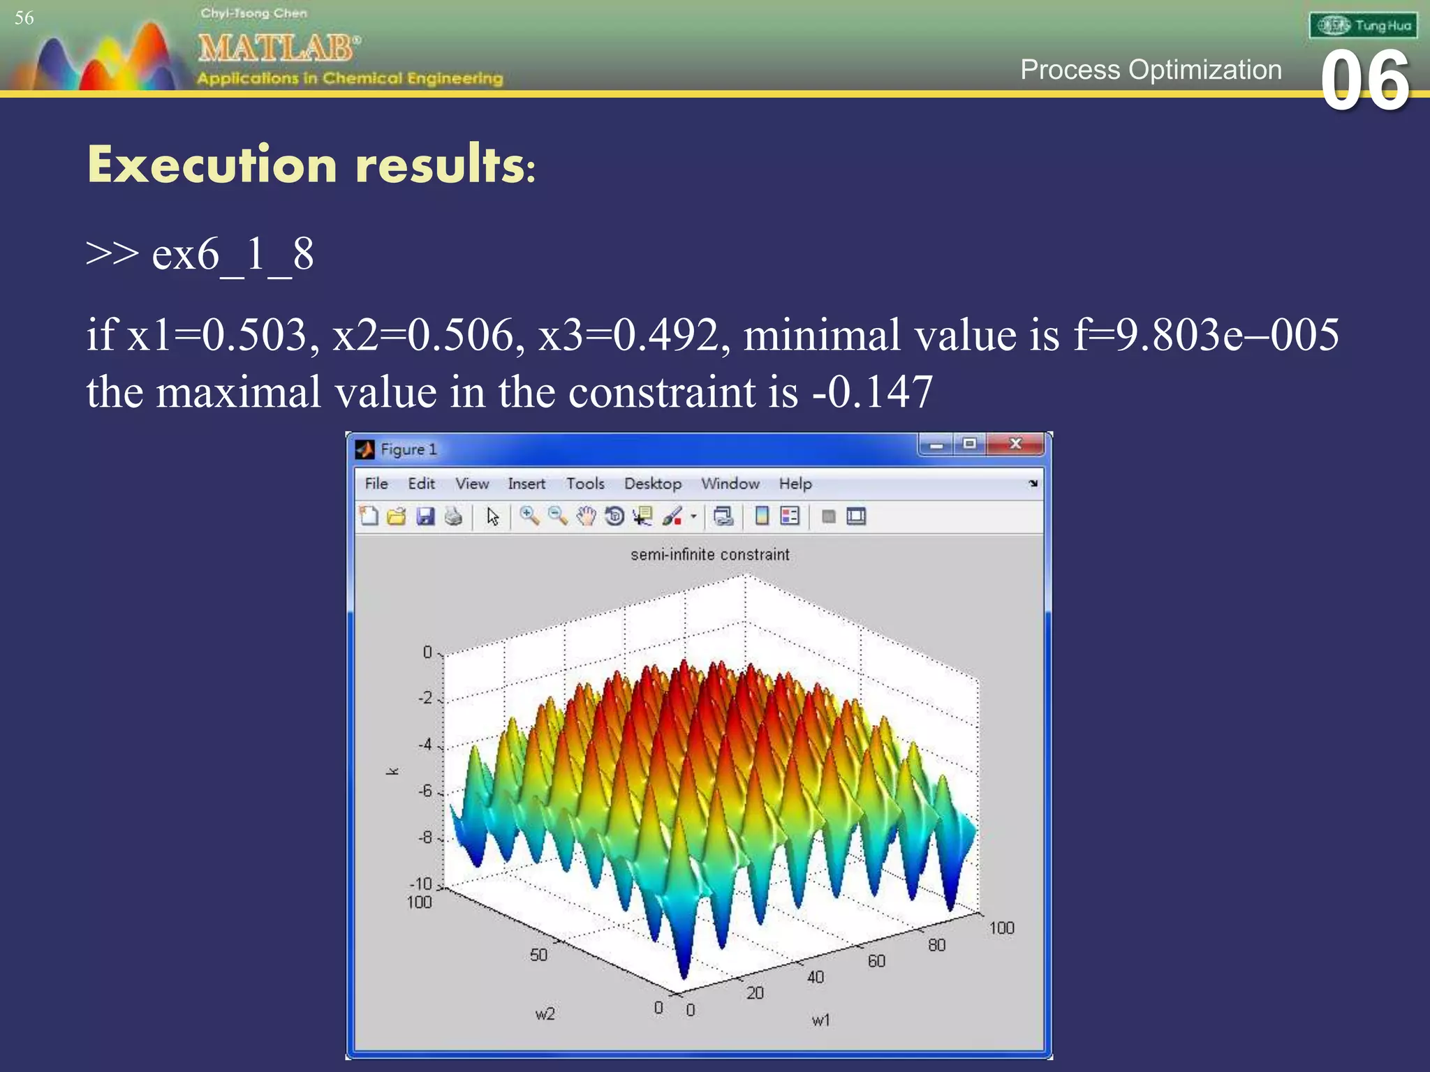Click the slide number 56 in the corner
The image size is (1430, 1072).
(x=24, y=18)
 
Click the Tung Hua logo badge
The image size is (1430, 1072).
(x=1362, y=26)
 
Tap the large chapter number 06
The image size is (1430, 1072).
(x=1365, y=82)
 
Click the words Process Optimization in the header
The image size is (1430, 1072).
(x=1151, y=70)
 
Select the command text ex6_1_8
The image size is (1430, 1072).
(x=233, y=254)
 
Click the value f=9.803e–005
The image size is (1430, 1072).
(x=1206, y=335)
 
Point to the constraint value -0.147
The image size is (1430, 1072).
(x=873, y=392)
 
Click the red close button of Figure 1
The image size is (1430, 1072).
(x=1015, y=444)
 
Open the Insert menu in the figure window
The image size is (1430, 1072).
(x=526, y=484)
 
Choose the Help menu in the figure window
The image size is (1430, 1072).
(x=795, y=484)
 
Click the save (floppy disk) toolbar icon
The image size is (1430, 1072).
(x=425, y=516)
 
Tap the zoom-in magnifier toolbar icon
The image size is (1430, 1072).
(x=529, y=516)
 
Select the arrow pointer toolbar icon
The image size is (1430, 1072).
(x=493, y=516)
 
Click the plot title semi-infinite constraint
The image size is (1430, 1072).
(x=709, y=555)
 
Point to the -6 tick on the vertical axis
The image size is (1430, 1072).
(x=425, y=791)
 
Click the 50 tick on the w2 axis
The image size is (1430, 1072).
(x=538, y=955)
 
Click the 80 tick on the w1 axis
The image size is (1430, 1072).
(x=936, y=945)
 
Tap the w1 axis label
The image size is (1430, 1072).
(x=820, y=1020)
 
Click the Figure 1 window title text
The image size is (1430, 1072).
(x=408, y=449)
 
